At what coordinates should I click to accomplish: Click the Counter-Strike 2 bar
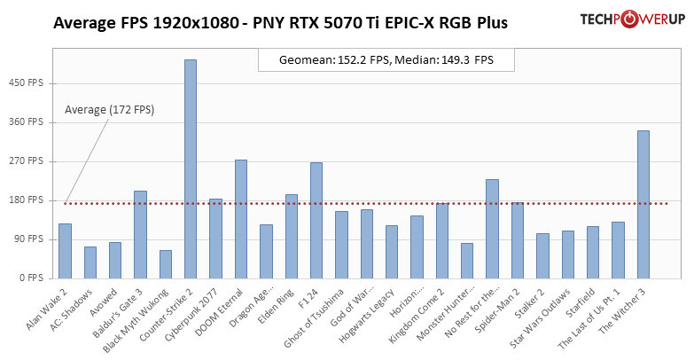tap(191, 168)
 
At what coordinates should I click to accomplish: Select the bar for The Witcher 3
tap(643, 204)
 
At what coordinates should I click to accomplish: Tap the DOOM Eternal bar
tap(241, 218)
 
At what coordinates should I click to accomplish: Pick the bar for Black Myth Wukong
tap(166, 263)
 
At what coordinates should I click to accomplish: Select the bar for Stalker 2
tap(542, 255)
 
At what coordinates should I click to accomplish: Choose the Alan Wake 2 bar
tap(65, 250)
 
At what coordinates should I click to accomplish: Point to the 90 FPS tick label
tap(30, 239)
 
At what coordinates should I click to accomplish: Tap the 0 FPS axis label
tap(33, 278)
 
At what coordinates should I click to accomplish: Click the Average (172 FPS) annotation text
tap(109, 110)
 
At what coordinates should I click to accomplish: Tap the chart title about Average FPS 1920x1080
tap(280, 23)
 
